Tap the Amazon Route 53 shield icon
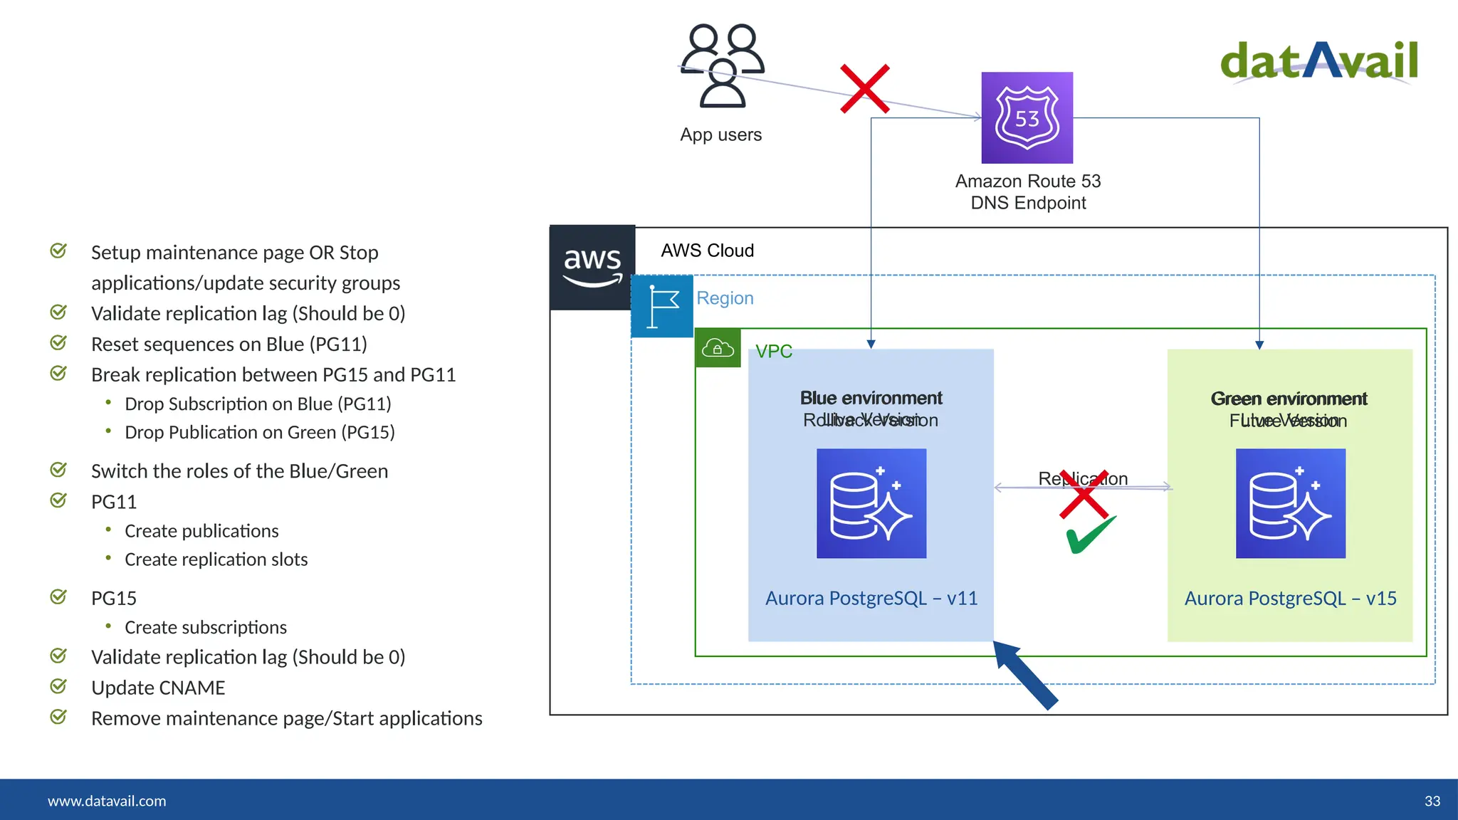[1027, 117]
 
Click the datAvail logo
[1319, 61]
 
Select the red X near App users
[864, 89]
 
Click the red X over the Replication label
[1084, 493]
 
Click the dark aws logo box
[592, 268]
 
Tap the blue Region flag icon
[662, 306]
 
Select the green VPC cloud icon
[718, 348]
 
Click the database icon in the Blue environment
[871, 503]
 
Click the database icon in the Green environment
[1290, 503]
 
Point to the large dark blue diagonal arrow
[1025, 674]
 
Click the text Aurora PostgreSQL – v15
[1290, 599]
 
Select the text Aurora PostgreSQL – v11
[871, 599]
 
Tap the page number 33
[1432, 801]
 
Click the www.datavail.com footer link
[107, 801]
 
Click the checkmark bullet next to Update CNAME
[58, 686]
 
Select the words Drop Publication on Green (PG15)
[259, 433]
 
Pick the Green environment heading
[1289, 399]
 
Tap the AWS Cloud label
[707, 251]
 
